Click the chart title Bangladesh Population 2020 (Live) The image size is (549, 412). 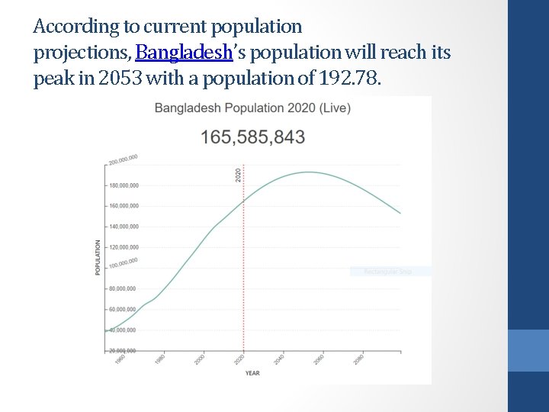[252, 108]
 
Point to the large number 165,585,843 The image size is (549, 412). [252, 137]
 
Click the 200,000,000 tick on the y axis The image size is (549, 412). [123, 159]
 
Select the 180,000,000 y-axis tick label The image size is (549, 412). [124, 185]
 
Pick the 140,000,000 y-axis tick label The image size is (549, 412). [124, 227]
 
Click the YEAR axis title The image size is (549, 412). [252, 373]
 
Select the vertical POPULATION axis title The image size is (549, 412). [98, 258]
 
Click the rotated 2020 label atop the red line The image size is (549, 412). [237, 174]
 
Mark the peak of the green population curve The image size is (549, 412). [308, 172]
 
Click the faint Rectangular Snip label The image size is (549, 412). [389, 272]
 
